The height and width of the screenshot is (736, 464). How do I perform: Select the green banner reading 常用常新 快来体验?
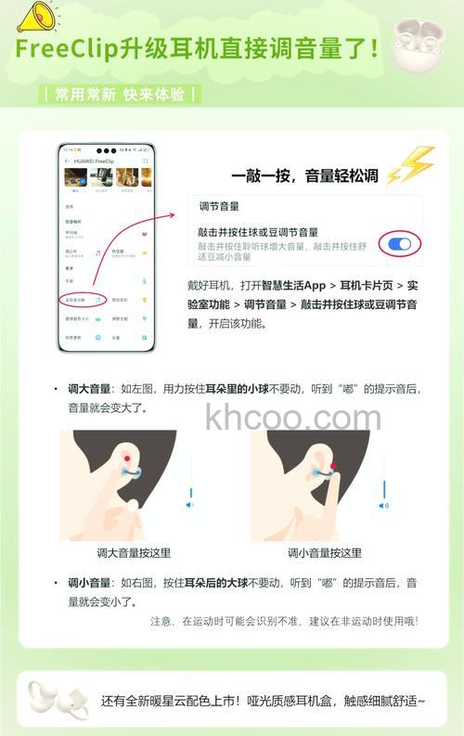tap(119, 95)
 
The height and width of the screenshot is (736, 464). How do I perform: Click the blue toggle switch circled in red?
tap(400, 244)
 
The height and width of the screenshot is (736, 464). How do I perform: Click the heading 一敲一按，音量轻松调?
tap(304, 175)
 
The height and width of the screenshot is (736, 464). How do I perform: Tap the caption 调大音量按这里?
tap(134, 553)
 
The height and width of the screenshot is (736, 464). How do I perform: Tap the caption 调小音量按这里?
tap(324, 553)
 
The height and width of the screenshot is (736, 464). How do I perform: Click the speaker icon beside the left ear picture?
tap(190, 505)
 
